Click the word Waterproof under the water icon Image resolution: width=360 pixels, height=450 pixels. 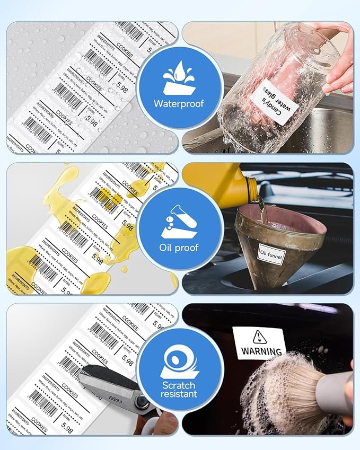(180, 103)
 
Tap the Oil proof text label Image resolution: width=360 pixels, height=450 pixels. (180, 247)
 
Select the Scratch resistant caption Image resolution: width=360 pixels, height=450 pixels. (180, 389)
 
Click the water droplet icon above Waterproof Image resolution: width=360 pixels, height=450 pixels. (180, 77)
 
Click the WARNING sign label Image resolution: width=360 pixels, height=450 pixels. (260, 343)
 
